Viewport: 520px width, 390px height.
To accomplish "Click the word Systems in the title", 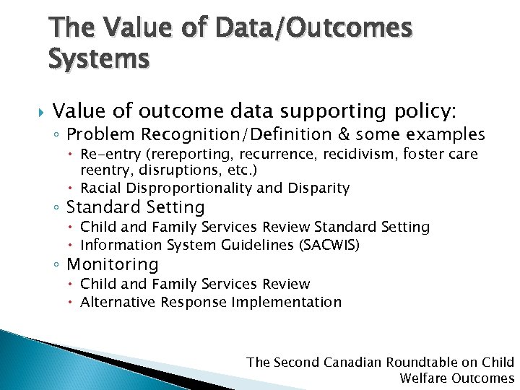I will (99, 57).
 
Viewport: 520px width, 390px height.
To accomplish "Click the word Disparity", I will (318, 188).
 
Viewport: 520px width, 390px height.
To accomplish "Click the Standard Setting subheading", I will (136, 208).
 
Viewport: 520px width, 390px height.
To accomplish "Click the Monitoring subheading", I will (112, 265).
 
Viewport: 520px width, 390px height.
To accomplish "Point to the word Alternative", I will (116, 302).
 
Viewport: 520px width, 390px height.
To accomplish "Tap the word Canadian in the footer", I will (355, 362).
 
